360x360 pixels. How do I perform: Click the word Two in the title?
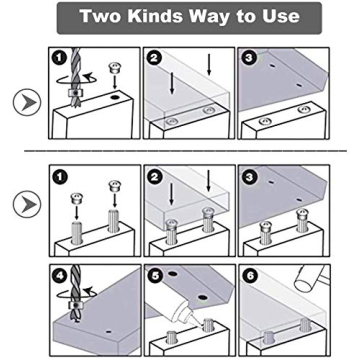[105, 18]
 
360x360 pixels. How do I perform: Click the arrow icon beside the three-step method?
[25, 101]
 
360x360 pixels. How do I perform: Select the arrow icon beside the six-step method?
[25, 204]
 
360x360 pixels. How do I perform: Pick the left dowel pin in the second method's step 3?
[267, 230]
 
